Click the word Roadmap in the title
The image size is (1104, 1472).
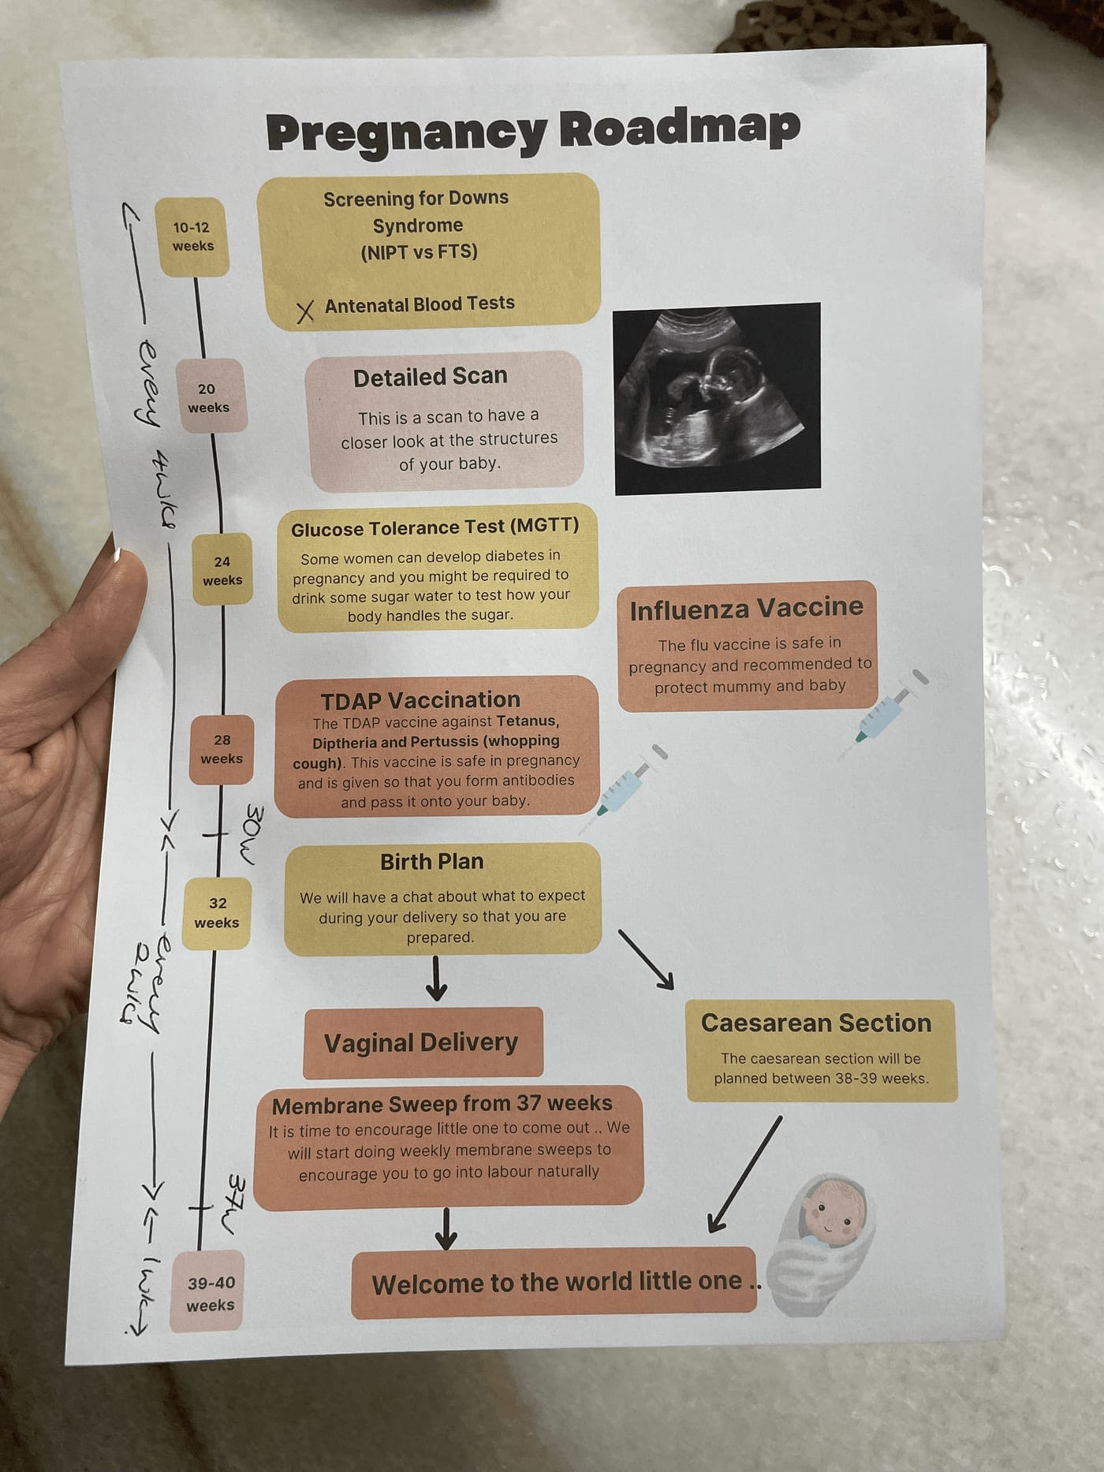[680, 128]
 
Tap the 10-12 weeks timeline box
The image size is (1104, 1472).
[192, 237]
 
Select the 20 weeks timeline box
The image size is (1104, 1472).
[208, 397]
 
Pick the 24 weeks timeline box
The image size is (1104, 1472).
[222, 569]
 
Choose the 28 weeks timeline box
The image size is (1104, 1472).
[222, 749]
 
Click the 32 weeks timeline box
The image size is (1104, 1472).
[217, 913]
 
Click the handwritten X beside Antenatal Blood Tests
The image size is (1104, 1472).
[305, 311]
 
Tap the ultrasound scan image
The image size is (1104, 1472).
[717, 398]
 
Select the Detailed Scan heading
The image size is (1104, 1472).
[430, 378]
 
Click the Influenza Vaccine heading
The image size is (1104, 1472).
[746, 609]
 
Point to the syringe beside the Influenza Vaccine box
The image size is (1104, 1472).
[882, 716]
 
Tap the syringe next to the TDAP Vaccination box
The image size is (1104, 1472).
[623, 789]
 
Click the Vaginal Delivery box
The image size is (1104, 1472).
[423, 1042]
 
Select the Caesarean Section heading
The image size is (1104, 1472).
[816, 1023]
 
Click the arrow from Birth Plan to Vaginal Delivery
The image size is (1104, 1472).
[436, 978]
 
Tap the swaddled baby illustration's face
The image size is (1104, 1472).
[830, 1212]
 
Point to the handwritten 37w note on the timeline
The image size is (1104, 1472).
[230, 1205]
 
